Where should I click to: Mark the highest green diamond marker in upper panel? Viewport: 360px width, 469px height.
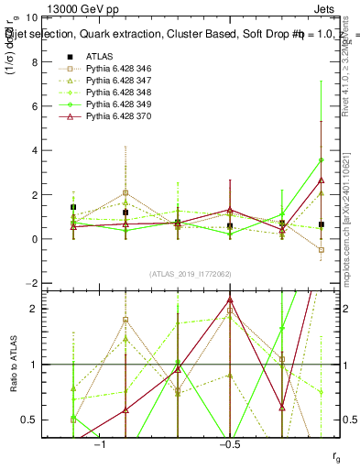tap(321, 160)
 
